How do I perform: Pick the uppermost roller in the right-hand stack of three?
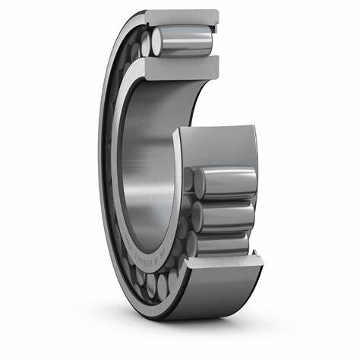tap(224, 183)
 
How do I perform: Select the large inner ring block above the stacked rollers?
tap(220, 148)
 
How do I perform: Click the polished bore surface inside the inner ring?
tap(144, 152)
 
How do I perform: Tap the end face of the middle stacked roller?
tap(199, 215)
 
